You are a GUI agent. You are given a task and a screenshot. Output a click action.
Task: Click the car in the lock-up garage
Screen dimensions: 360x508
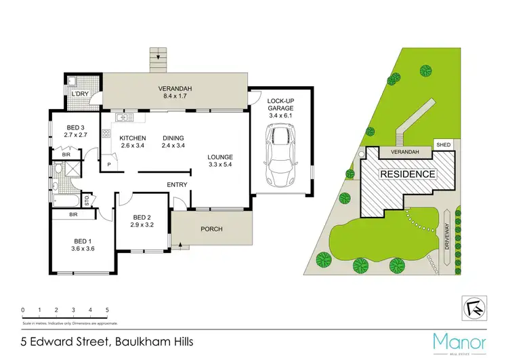[x=278, y=156]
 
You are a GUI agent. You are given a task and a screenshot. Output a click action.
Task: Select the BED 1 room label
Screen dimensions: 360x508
[x=84, y=244]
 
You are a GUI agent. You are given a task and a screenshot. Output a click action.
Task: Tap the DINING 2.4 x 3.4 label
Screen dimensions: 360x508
[x=173, y=142]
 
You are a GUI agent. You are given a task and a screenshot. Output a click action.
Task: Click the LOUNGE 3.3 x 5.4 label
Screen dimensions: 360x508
[x=220, y=161]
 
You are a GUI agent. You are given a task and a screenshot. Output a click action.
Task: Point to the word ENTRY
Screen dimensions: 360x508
[x=177, y=184]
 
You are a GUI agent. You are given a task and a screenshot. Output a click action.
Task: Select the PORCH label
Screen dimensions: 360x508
[x=211, y=229]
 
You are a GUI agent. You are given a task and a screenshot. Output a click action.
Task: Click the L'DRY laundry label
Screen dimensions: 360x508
[x=81, y=93]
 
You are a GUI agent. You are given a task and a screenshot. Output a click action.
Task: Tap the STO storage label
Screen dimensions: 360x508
[x=86, y=199]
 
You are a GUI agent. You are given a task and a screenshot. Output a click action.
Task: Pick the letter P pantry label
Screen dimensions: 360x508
[x=108, y=163]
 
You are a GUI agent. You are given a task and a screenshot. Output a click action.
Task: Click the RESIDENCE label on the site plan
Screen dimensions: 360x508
[x=407, y=174]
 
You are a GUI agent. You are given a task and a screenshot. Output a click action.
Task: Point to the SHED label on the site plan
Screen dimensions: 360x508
[x=444, y=144]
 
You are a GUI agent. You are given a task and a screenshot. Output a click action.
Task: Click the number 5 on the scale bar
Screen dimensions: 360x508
[x=107, y=311]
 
